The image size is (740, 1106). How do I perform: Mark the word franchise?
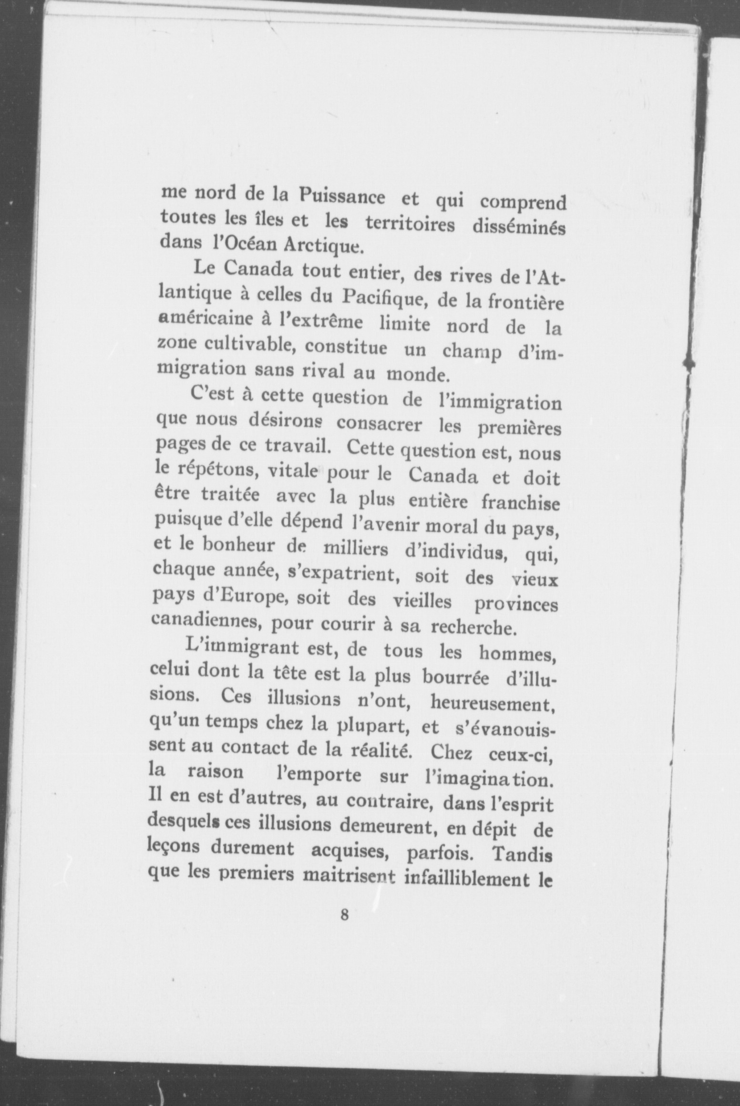pyautogui.click(x=521, y=502)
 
